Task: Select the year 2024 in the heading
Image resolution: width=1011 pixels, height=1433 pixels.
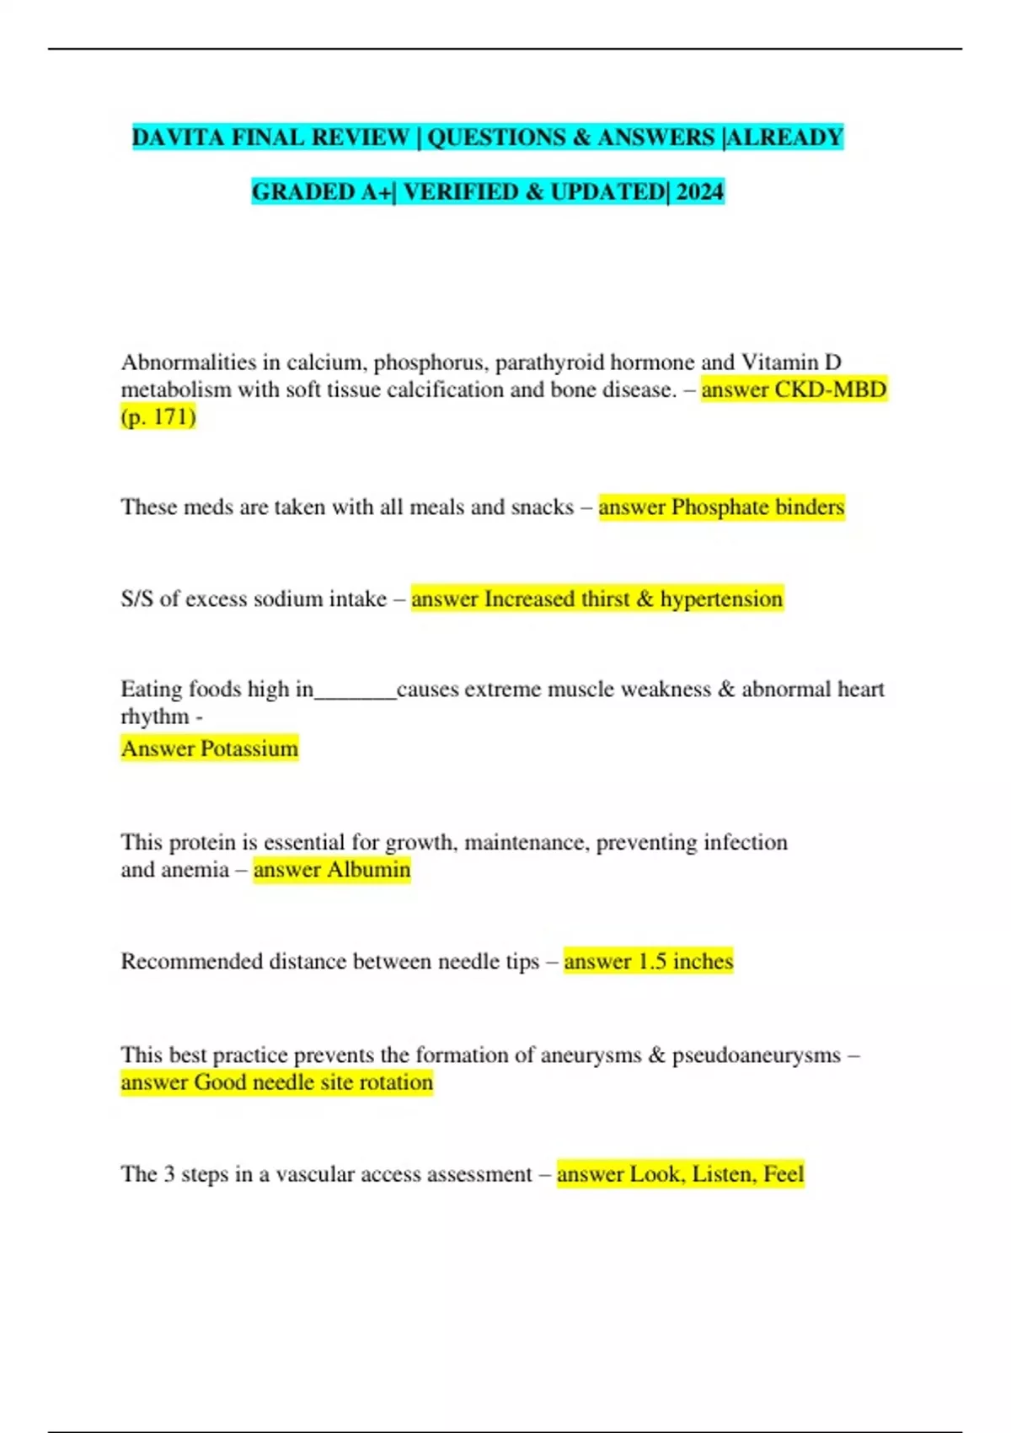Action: click(699, 192)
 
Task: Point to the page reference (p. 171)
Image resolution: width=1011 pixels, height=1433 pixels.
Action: click(158, 416)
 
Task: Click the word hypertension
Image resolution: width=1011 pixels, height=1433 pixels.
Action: click(721, 598)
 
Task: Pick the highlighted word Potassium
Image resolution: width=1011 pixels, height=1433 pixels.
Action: click(246, 749)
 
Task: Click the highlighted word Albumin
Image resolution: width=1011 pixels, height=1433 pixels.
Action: click(368, 869)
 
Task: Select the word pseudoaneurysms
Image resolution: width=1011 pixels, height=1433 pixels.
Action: click(756, 1055)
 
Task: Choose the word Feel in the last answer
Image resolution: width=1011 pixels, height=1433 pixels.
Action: click(784, 1174)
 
